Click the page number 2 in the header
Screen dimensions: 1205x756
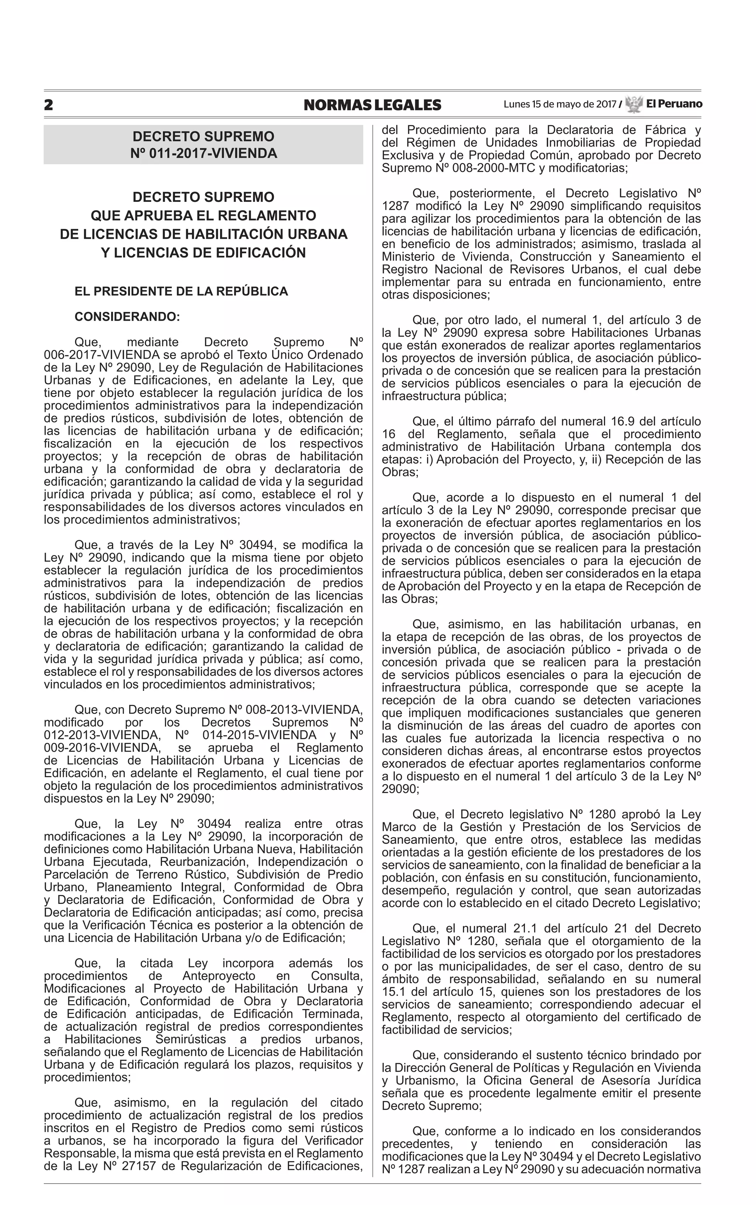[48, 105]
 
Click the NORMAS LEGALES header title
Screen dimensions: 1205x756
[372, 105]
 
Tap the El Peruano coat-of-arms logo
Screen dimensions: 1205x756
[633, 104]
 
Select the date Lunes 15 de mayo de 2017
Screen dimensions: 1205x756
[560, 104]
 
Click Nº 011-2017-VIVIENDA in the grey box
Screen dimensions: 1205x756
[203, 153]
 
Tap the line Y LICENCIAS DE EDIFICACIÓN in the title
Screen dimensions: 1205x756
[203, 252]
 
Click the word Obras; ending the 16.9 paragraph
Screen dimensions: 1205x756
[399, 472]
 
